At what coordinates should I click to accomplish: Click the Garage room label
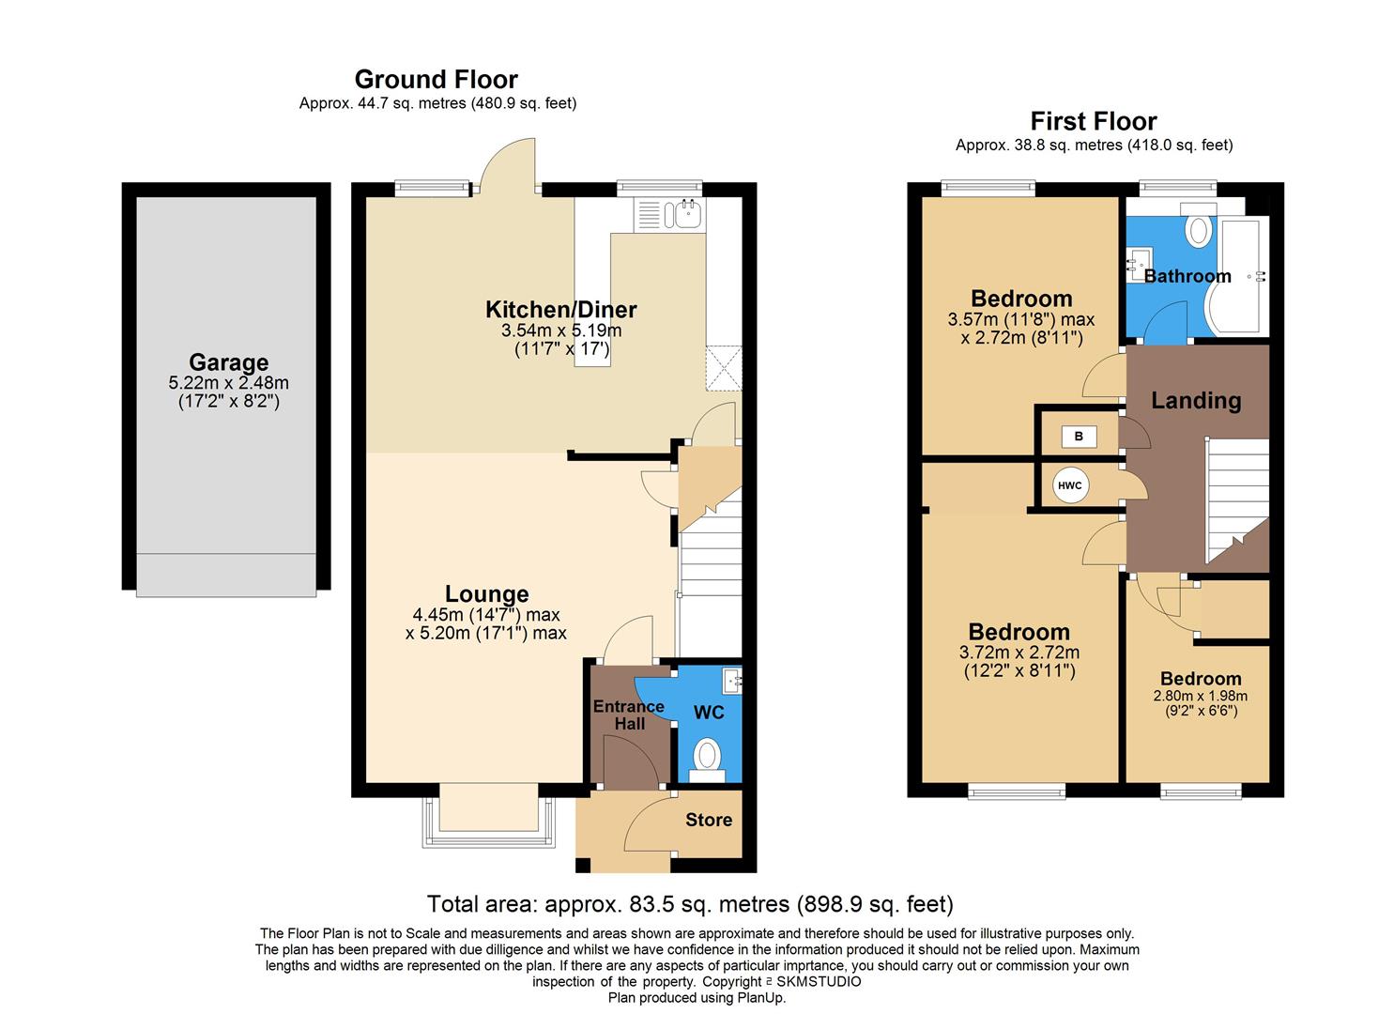[x=228, y=362]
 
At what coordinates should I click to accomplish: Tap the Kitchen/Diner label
[x=560, y=309]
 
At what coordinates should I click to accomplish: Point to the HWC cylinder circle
[x=1069, y=485]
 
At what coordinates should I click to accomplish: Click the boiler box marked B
[x=1079, y=437]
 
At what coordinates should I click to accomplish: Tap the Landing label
[x=1196, y=401]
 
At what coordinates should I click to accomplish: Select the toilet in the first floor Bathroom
[x=1199, y=230]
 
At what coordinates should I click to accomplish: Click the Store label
[x=708, y=820]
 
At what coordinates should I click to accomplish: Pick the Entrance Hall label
[x=629, y=714]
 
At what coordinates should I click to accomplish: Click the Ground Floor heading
[x=436, y=80]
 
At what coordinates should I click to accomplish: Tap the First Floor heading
[x=1093, y=121]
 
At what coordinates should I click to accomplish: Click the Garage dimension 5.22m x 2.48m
[x=228, y=383]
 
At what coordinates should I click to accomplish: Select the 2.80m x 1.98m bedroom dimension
[x=1200, y=697]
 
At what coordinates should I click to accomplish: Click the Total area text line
[x=690, y=904]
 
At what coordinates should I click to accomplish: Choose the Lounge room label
[x=486, y=594]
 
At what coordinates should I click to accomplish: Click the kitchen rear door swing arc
[x=508, y=161]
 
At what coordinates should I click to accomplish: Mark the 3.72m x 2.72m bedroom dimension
[x=1019, y=653]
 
